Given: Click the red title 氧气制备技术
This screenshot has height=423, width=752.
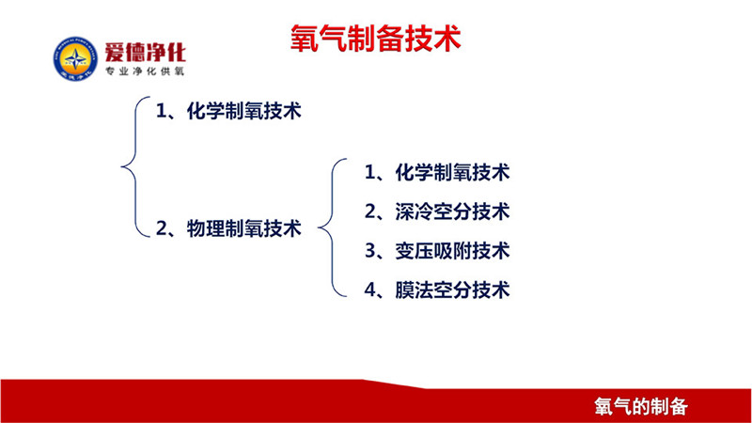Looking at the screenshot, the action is click(375, 39).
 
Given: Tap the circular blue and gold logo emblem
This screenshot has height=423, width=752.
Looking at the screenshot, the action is click(75, 58).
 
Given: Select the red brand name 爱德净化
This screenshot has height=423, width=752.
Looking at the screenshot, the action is click(145, 52).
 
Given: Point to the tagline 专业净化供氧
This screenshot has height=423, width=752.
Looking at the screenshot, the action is click(145, 71).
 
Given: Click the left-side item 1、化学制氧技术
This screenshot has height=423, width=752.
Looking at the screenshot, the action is click(228, 111).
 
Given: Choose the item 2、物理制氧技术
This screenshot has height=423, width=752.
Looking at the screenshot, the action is click(228, 227).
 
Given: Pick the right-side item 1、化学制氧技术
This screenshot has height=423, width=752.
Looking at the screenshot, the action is click(437, 172).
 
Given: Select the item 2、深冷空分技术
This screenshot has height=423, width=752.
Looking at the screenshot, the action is click(437, 211).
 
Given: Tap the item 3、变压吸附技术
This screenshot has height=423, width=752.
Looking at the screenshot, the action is click(437, 251).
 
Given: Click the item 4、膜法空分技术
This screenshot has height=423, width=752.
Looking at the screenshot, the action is click(437, 290).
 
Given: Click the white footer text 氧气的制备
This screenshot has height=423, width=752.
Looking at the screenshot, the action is click(641, 407).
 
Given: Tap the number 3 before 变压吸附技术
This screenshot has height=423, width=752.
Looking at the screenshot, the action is click(370, 251).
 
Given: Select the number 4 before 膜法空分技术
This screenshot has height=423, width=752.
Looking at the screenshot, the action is click(370, 290).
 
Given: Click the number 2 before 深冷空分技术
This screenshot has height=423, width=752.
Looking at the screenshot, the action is click(370, 211).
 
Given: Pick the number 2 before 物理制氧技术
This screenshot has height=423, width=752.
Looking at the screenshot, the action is click(162, 228).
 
